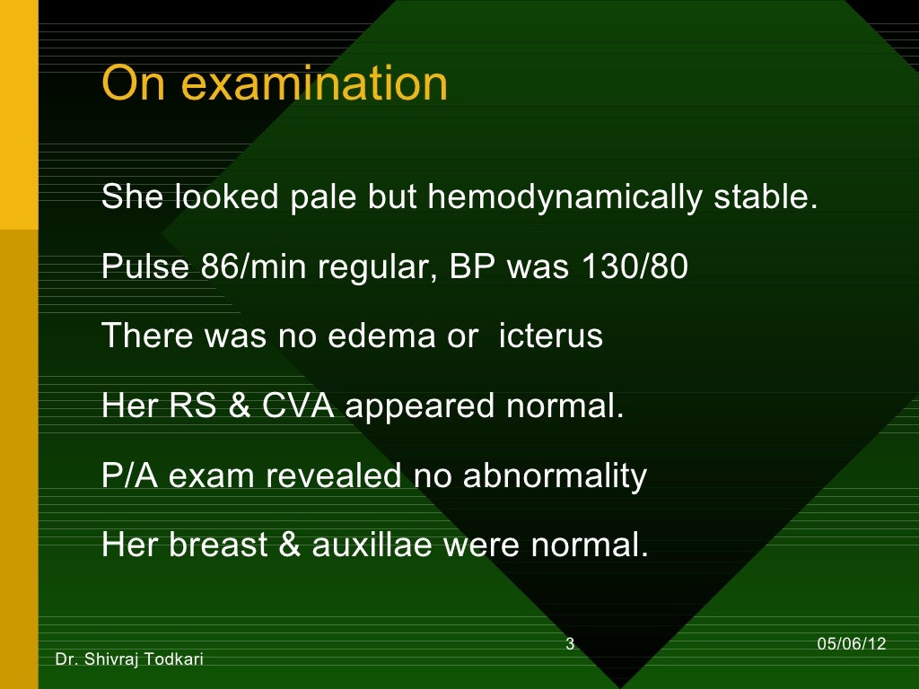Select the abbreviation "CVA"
[x=299, y=406]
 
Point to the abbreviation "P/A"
[x=130, y=475]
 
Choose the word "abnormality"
[x=555, y=475]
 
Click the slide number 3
[x=570, y=643]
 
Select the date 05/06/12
[x=852, y=643]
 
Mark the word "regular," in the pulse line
[x=377, y=266]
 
